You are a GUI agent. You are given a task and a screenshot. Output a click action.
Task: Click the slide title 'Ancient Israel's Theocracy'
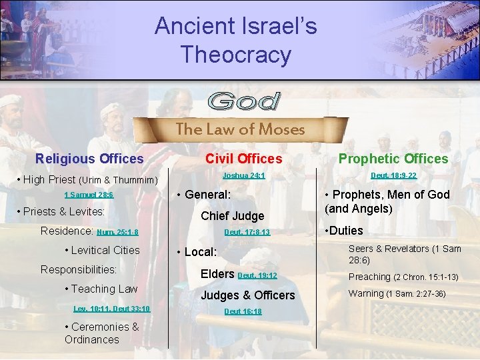pos(236,40)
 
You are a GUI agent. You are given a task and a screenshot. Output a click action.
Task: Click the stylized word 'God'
pos(245,102)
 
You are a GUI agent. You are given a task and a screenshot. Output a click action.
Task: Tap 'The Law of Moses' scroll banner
pos(240,129)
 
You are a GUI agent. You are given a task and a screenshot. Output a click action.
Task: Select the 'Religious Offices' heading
pos(89,159)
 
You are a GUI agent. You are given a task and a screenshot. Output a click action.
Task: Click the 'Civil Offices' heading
pos(243,159)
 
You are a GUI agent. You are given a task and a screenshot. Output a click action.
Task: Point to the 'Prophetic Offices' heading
pos(393,159)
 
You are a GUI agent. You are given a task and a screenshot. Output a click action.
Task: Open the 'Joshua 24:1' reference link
pos(243,175)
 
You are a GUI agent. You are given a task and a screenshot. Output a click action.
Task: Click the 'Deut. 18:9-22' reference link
pos(393,175)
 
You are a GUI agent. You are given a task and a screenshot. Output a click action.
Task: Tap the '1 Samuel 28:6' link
pos(89,195)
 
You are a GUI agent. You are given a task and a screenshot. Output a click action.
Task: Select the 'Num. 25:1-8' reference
pos(117,233)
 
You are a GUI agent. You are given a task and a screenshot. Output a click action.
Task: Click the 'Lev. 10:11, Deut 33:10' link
pos(111,309)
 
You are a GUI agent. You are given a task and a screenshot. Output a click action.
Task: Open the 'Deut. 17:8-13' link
pos(247,233)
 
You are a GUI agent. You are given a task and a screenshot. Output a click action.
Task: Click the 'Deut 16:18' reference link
pos(243,311)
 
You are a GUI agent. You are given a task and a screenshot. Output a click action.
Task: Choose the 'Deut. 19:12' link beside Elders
pos(257,275)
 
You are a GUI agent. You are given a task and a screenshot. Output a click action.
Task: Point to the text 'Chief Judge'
pos(232,215)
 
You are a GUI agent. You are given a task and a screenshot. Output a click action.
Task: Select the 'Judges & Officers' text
pos(247,295)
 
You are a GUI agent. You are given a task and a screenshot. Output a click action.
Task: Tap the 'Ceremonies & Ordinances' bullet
pos(101,333)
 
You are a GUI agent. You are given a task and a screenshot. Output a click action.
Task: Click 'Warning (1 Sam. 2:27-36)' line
pos(397,293)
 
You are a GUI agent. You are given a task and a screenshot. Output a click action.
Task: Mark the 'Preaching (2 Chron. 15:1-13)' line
pos(402,277)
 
